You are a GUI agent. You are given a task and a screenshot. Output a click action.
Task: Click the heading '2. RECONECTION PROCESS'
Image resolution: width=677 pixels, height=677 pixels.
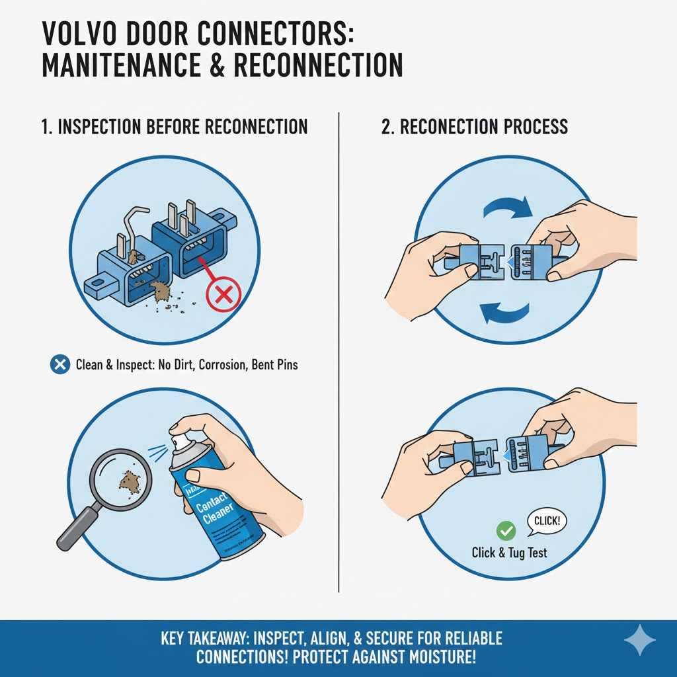475,127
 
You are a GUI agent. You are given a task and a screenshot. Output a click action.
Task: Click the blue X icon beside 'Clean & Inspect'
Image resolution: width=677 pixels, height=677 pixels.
60,364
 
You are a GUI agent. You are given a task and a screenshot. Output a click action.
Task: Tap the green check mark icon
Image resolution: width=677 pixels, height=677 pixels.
506,530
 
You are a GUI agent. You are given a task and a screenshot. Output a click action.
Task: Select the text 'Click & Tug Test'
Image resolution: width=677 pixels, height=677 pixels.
509,552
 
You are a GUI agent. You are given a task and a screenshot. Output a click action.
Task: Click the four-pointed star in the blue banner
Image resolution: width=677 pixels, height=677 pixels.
639,639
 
